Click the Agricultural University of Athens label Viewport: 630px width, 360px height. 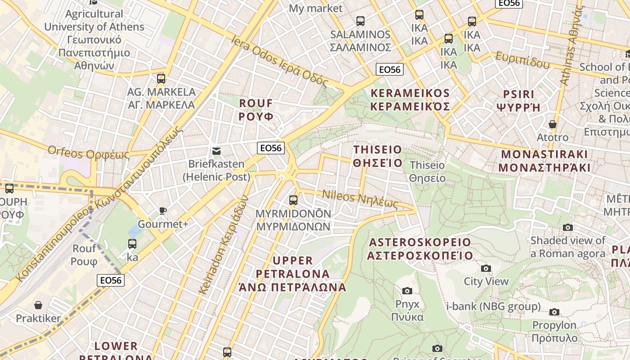click(x=94, y=40)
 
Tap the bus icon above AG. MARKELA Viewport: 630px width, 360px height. click(x=161, y=79)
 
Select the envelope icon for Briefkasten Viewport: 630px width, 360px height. click(x=216, y=151)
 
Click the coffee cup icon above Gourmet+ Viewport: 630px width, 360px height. click(x=162, y=211)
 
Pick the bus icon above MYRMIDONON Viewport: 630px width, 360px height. click(x=293, y=200)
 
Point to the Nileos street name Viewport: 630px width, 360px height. click(x=360, y=199)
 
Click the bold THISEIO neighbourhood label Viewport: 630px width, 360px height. click(x=378, y=156)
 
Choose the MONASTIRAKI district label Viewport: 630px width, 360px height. click(x=544, y=161)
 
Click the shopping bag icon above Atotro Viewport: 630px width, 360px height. click(x=553, y=124)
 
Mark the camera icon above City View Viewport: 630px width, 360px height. click(x=486, y=269)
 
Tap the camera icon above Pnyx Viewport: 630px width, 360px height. click(x=407, y=291)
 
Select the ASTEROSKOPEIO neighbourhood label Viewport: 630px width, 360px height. click(x=420, y=249)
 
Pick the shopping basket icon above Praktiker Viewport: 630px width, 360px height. click(x=38, y=306)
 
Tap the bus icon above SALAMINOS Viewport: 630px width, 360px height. click(x=360, y=21)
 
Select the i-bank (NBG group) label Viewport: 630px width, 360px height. click(x=493, y=307)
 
